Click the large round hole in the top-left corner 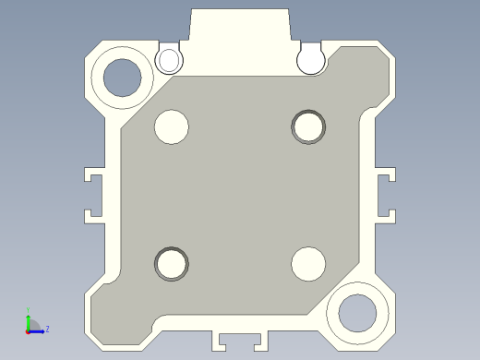pos(123,77)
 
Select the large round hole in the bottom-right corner pos(357,311)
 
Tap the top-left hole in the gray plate pos(172,126)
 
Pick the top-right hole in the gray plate pos(309,126)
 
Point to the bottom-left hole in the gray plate pos(171,264)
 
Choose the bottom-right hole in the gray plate pos(308,264)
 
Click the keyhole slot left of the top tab pos(169,60)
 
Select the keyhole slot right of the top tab pos(311,60)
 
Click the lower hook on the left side pos(93,216)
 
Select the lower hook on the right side pos(387,216)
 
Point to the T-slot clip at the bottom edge pos(240,339)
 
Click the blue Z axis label pos(47,329)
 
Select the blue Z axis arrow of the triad pos(38,330)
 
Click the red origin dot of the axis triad pos(28,330)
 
